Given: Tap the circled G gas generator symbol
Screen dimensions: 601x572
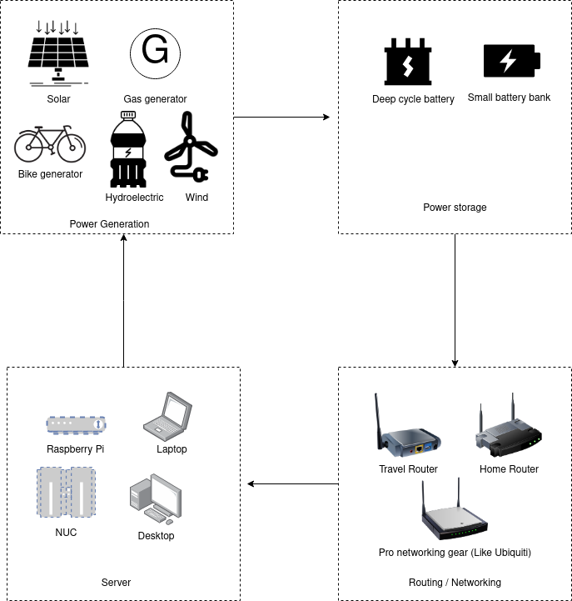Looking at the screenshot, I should (155, 51).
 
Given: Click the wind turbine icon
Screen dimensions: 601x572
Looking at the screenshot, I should (190, 149).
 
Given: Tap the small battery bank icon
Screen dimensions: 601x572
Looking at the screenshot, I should (511, 61).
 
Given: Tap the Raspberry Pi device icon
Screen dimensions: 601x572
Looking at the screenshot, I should (76, 424).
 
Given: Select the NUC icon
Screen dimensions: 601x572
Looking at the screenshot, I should (66, 493).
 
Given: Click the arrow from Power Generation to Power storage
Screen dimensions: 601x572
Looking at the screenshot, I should (283, 118).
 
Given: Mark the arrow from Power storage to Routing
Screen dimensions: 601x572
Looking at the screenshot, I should (455, 300).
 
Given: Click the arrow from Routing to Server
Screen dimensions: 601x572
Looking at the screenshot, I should (291, 483).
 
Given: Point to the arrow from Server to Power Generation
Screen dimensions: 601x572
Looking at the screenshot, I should (123, 300).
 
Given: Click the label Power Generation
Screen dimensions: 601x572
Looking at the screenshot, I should (109, 223).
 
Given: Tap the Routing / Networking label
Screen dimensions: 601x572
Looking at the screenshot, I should (455, 582).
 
